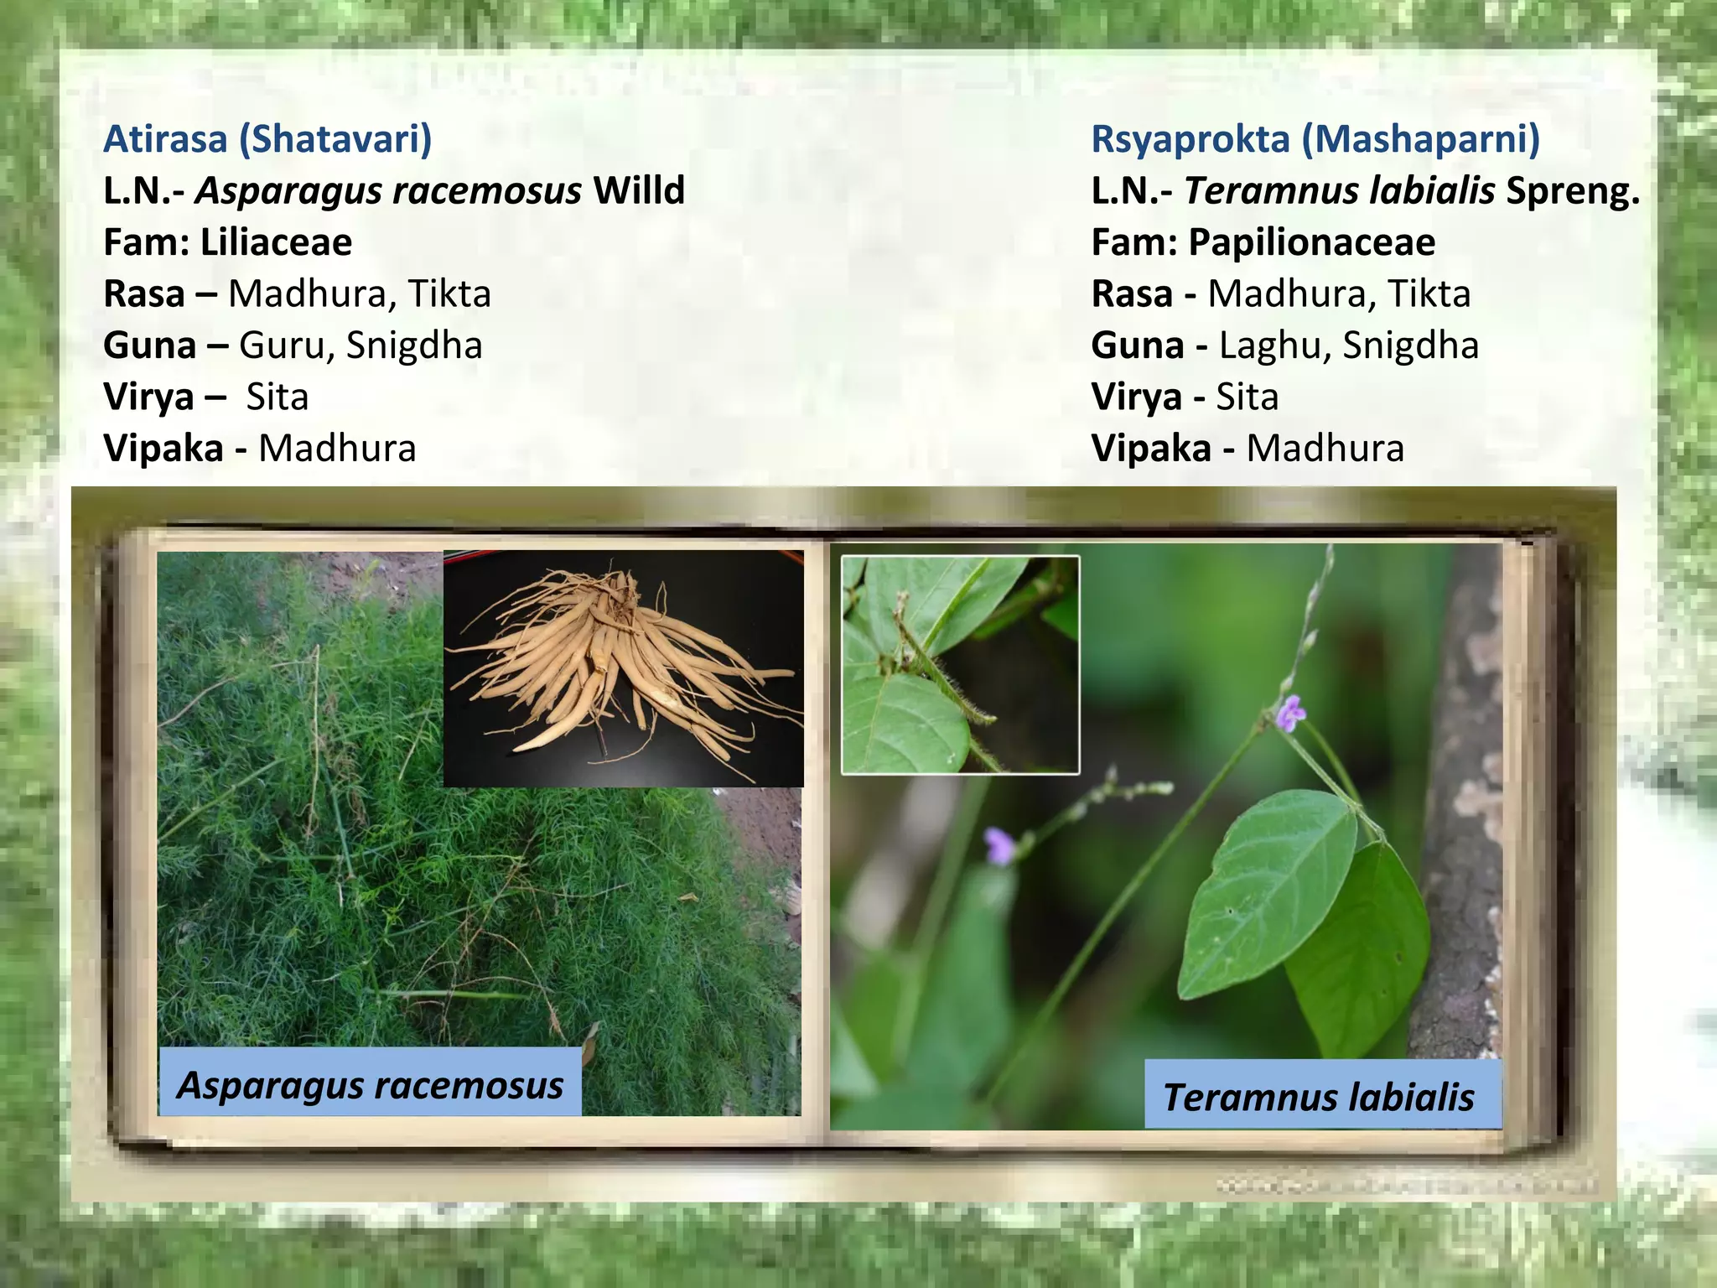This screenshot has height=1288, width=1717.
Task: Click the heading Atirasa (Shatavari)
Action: [x=267, y=139]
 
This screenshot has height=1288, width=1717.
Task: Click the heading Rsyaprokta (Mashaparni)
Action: [x=1315, y=139]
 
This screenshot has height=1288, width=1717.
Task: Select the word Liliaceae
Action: [x=276, y=242]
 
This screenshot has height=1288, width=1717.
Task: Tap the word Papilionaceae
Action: [x=1311, y=242]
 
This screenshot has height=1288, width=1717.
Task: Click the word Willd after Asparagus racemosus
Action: [x=639, y=190]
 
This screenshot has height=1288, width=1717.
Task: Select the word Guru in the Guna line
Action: [x=285, y=345]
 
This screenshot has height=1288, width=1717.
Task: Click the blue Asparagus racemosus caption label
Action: [x=370, y=1084]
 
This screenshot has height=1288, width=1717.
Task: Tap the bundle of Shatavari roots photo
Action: [x=622, y=669]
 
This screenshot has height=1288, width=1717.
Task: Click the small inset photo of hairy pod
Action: [x=960, y=665]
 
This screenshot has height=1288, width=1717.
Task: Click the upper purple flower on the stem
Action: [x=1291, y=713]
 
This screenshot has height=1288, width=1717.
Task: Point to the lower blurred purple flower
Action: [x=999, y=844]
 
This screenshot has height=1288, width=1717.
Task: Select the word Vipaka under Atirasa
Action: [x=163, y=449]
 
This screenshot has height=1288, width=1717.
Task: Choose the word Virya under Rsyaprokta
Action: [x=1137, y=397]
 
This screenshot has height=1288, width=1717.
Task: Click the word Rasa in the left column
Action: [x=144, y=294]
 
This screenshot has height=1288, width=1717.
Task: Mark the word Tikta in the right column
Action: [x=1429, y=294]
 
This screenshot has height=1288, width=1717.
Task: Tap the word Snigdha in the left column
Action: [x=414, y=345]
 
